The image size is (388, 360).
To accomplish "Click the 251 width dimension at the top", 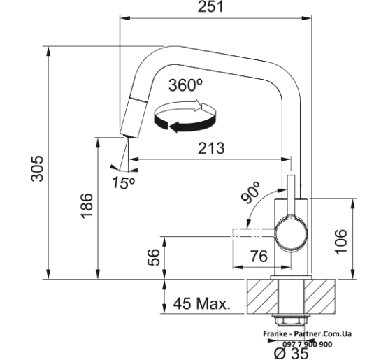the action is tap(210, 7).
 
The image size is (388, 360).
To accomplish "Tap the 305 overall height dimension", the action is tap(38, 168).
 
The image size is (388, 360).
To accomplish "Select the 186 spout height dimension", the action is tap(87, 206).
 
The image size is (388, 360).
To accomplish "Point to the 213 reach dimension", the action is tap(211, 148).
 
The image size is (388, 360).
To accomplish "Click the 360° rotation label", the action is tap(185, 85).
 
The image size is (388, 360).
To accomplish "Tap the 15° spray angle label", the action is tap(124, 182).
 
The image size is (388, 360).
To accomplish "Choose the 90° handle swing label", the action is tap(251, 192).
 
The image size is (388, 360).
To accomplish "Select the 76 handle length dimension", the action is tap(259, 256).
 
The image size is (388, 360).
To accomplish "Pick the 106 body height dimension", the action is tap(341, 242).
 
